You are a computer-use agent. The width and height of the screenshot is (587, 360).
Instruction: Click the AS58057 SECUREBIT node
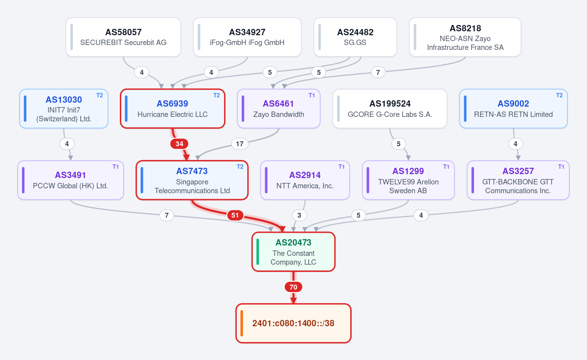click(x=123, y=37)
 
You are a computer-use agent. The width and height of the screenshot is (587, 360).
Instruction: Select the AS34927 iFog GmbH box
click(x=247, y=37)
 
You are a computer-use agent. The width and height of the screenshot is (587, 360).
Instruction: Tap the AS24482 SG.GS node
click(x=355, y=37)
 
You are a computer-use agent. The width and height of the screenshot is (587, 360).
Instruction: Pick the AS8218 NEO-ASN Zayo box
click(x=465, y=37)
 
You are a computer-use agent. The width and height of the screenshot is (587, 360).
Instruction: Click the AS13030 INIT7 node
click(x=64, y=109)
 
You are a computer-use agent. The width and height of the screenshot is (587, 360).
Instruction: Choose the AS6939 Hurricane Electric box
click(x=172, y=109)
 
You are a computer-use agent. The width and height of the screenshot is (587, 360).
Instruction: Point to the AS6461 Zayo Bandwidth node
click(x=278, y=109)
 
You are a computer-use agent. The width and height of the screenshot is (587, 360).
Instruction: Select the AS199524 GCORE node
click(x=390, y=109)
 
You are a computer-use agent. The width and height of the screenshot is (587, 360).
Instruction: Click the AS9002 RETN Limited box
click(x=513, y=109)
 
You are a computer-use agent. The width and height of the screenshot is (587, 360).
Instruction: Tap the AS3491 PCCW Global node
click(x=70, y=180)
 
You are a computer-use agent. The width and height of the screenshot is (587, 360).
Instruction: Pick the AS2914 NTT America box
click(x=305, y=180)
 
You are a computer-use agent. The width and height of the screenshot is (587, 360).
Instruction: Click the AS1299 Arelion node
click(x=408, y=180)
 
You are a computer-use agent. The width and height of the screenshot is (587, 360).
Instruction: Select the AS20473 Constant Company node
click(x=293, y=252)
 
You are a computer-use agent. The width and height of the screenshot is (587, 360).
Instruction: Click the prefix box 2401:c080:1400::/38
click(x=293, y=323)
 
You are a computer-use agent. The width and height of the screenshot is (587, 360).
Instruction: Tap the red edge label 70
click(x=293, y=287)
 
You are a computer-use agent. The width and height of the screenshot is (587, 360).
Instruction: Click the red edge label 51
click(x=235, y=215)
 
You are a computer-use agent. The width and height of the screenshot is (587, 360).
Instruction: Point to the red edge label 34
click(x=179, y=144)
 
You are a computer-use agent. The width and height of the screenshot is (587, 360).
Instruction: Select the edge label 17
click(x=240, y=144)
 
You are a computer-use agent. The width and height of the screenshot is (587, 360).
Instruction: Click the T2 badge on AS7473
click(x=240, y=167)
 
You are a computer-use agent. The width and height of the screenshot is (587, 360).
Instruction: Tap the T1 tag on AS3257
click(x=561, y=167)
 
